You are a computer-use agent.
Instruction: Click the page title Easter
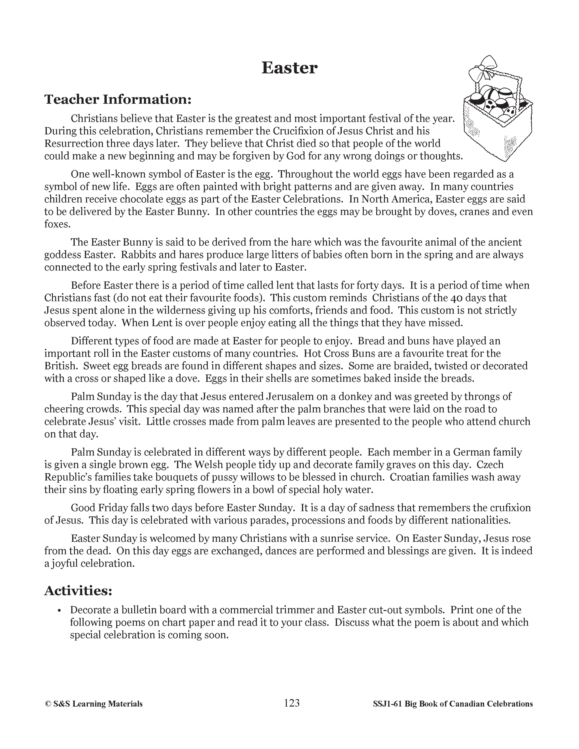click(x=289, y=68)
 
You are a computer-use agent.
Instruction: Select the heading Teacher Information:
click(x=118, y=99)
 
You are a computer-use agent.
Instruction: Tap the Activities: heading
click(x=78, y=590)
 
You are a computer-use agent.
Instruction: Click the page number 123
click(x=291, y=703)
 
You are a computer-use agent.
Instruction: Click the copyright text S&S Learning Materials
click(x=94, y=704)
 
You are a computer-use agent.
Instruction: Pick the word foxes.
click(x=57, y=224)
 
